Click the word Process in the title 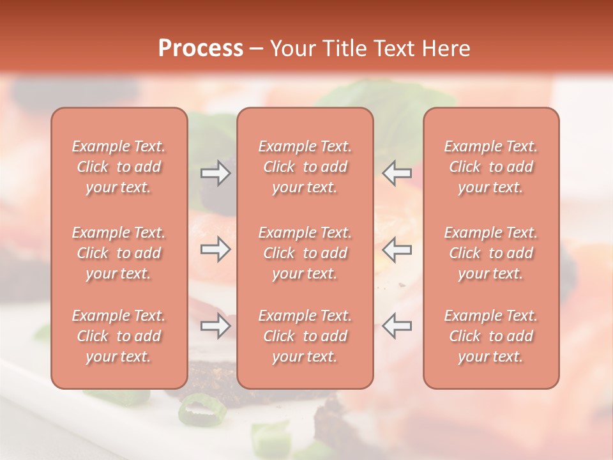point(201,48)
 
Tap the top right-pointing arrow point(216,172)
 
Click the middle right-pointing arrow point(216,249)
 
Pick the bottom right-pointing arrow point(216,326)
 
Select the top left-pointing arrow point(397,172)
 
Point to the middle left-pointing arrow point(397,249)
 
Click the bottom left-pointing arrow point(397,326)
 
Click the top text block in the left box point(119,167)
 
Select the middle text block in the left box point(119,253)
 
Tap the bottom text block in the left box point(119,336)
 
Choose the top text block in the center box point(305,167)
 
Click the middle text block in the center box point(305,253)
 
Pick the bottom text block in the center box point(305,336)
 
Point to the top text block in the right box point(491,167)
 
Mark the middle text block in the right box point(491,253)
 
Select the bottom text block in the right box point(491,336)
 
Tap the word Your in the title point(291,48)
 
